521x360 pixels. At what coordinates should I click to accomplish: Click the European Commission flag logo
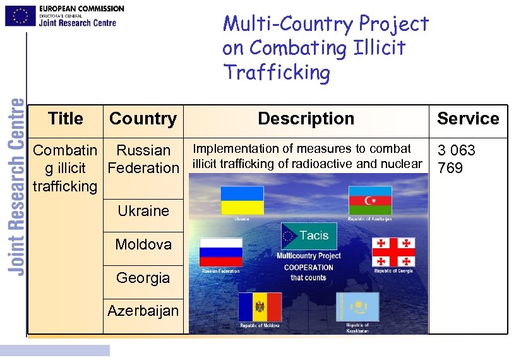click(20, 15)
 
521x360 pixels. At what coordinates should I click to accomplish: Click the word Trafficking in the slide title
click(277, 73)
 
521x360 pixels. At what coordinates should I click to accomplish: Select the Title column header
click(65, 119)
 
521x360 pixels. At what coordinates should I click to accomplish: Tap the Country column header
click(143, 119)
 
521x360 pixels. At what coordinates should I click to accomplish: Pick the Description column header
click(306, 119)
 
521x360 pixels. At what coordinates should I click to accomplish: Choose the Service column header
click(468, 119)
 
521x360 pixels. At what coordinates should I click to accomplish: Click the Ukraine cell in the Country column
click(143, 211)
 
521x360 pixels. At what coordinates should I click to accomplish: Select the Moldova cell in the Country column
click(143, 244)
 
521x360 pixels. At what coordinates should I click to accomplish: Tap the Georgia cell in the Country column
click(143, 278)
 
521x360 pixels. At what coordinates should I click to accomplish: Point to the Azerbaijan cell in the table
click(143, 311)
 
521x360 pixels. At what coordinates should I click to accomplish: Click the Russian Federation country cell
click(143, 159)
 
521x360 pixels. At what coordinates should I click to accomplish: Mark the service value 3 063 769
click(456, 159)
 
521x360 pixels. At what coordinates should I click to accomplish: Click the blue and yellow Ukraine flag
click(242, 200)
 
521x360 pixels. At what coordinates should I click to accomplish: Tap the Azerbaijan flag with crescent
click(370, 201)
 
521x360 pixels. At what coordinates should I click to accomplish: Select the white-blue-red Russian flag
click(221, 253)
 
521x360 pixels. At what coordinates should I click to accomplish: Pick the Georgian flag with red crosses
click(393, 252)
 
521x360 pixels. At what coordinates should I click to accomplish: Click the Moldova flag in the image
click(260, 307)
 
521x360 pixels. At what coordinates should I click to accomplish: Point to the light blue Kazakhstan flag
click(357, 306)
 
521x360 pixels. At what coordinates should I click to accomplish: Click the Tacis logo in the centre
click(309, 236)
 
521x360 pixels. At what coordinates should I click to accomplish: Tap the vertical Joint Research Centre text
click(17, 186)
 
